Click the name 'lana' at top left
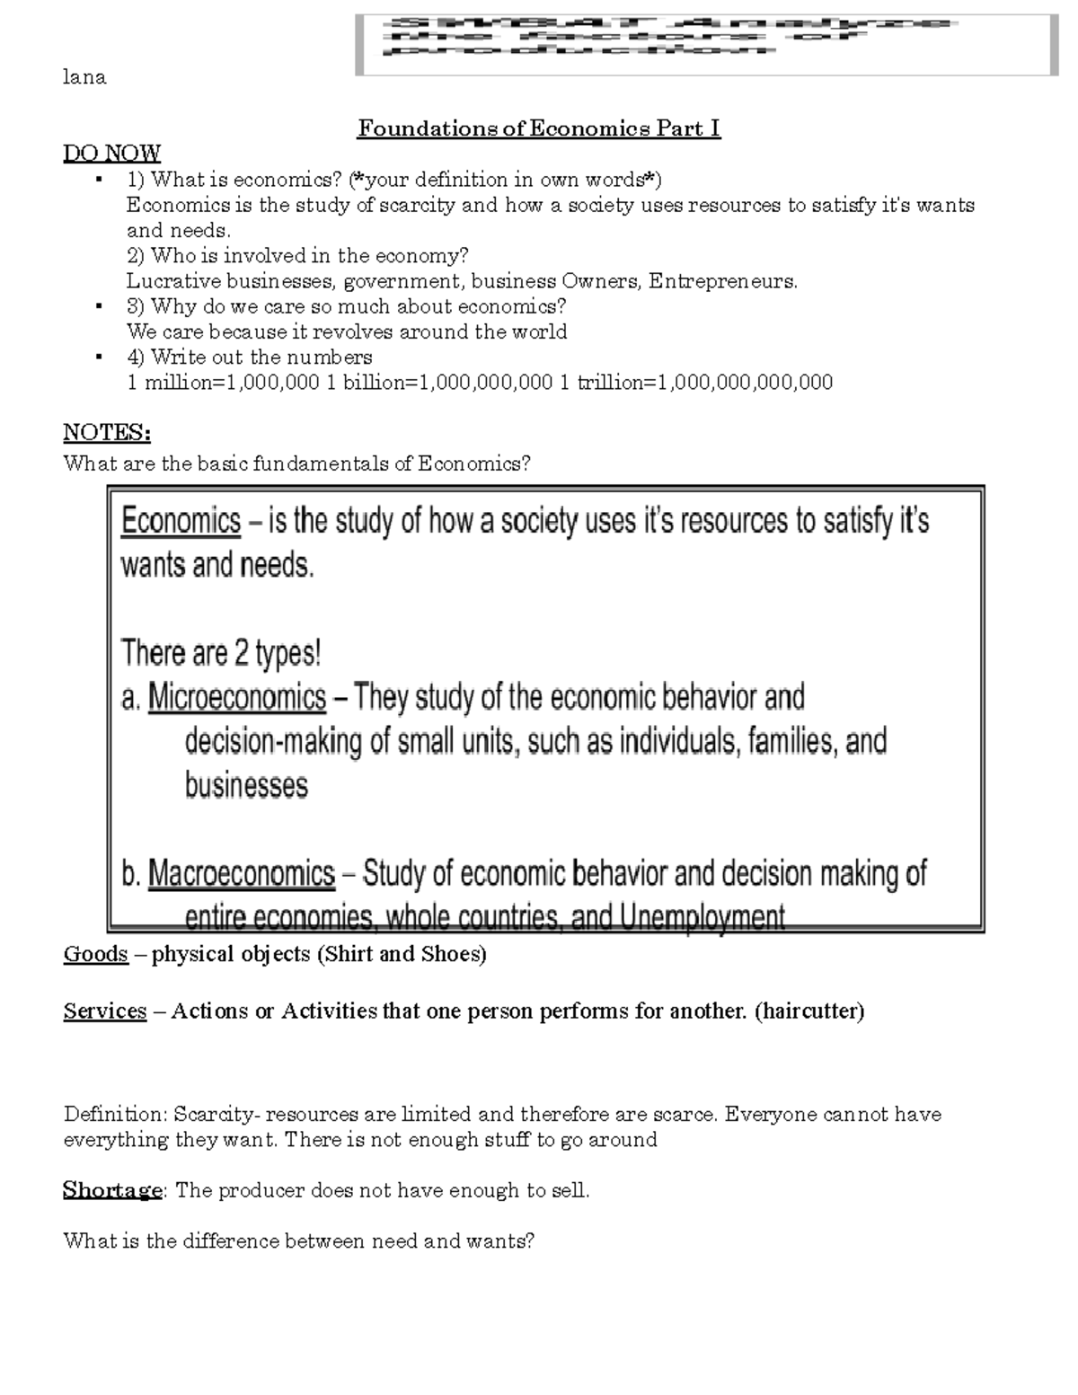tap(84, 77)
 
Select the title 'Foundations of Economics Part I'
tap(539, 128)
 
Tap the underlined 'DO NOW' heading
tap(112, 154)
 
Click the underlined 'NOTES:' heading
tap(107, 433)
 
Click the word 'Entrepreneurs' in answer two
tap(722, 281)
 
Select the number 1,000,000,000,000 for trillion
tap(746, 383)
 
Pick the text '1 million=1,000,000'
tap(223, 383)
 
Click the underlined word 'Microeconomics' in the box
tap(236, 697)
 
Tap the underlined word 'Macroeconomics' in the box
tap(241, 873)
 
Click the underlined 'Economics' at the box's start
tap(181, 521)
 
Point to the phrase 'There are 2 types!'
tap(221, 653)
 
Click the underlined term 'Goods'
tap(95, 954)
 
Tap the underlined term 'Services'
tap(105, 1011)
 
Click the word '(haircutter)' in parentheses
tap(808, 1011)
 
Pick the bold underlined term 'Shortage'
tap(112, 1191)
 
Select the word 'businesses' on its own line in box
tap(246, 785)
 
